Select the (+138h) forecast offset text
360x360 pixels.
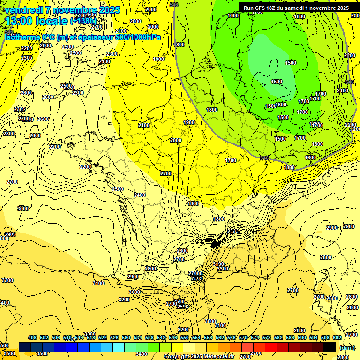(83, 21)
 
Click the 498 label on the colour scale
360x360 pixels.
(32, 337)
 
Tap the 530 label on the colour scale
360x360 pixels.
(126, 337)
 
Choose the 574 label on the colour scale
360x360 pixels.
(255, 337)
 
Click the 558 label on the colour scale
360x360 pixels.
(208, 337)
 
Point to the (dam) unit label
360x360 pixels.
(347, 347)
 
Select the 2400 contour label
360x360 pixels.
(140, 195)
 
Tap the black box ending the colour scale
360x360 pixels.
(330, 347)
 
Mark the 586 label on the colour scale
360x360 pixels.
(290, 337)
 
